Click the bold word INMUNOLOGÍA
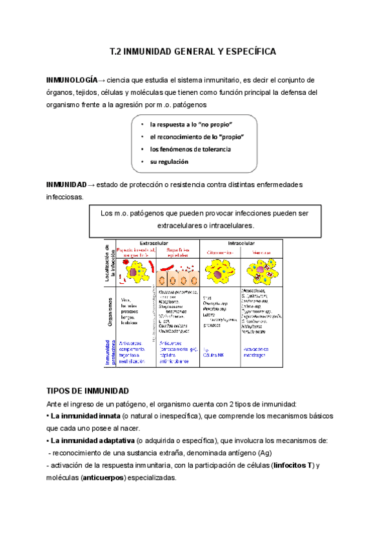(x=71, y=80)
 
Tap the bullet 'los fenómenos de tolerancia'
(x=190, y=149)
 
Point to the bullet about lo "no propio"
(x=190, y=124)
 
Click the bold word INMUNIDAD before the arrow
(x=66, y=184)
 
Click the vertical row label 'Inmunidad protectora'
(x=110, y=352)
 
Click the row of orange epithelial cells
(x=177, y=277)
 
